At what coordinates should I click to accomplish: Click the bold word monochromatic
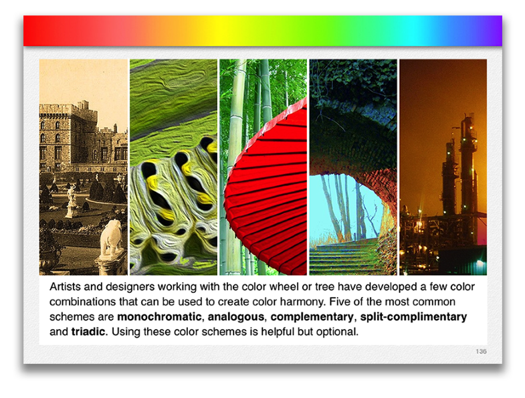pos(159,316)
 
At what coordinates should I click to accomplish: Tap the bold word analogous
pos(236,316)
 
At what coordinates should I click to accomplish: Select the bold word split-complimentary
pos(413,316)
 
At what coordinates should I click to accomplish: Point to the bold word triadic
pos(88,332)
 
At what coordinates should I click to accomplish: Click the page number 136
pos(481,351)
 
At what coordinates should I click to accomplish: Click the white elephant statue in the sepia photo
pos(111,237)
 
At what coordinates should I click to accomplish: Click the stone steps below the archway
pos(345,258)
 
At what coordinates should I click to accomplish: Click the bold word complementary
pos(312,316)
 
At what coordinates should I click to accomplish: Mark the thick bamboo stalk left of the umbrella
pos(236,161)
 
